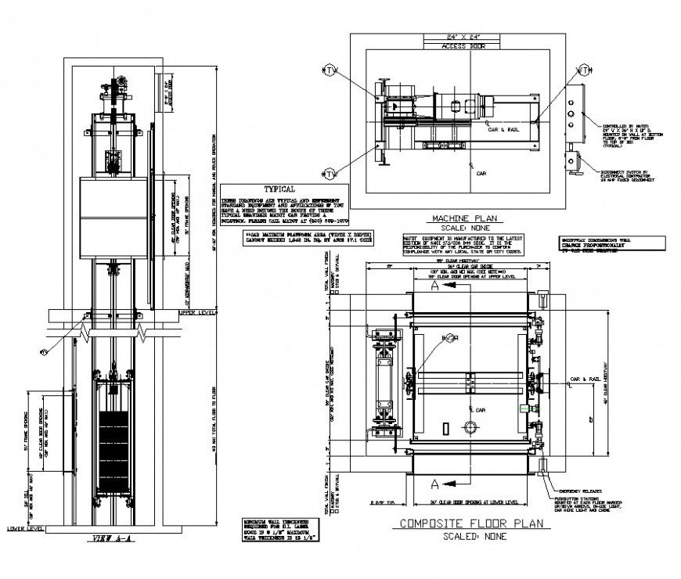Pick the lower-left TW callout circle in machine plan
[x=329, y=173]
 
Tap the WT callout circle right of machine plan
[x=583, y=70]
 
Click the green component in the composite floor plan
[x=524, y=408]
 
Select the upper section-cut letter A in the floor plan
[x=433, y=287]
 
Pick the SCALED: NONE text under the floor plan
[x=474, y=537]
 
